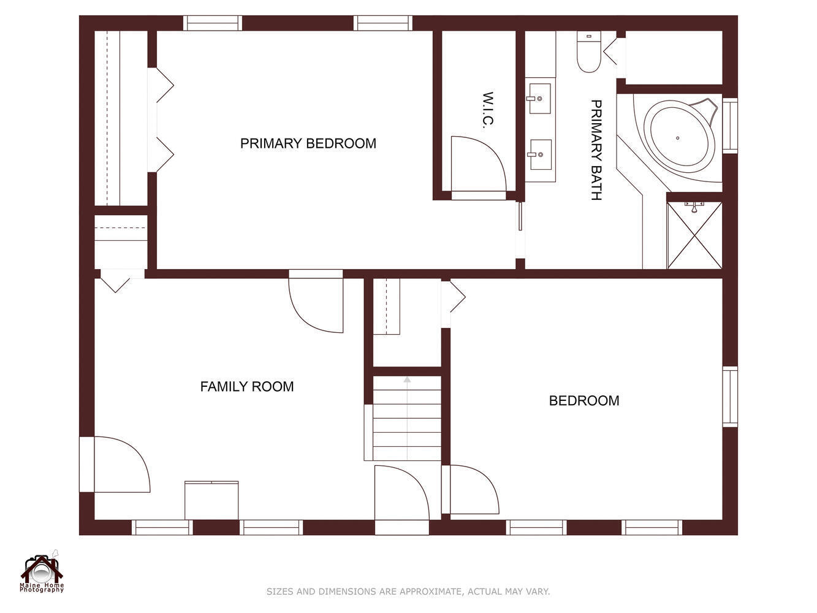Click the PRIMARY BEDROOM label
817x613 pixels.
(x=308, y=143)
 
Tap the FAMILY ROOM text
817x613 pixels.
(x=247, y=386)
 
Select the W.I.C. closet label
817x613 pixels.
(x=488, y=110)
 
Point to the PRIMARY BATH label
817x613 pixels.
(x=596, y=150)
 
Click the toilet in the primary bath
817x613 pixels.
(x=588, y=51)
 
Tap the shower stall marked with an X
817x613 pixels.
(x=694, y=235)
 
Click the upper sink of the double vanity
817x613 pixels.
(x=540, y=99)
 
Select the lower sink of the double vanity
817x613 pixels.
(x=541, y=154)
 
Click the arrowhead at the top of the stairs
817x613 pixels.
(x=407, y=379)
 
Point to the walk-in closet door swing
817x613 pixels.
(x=479, y=164)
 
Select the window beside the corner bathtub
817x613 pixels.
(x=730, y=126)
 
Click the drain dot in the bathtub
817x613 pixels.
(x=677, y=138)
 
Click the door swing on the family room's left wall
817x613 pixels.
(x=122, y=465)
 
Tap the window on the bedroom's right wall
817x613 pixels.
(x=730, y=397)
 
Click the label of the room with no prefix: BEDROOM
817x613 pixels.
(x=584, y=400)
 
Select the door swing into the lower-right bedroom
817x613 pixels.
(x=474, y=490)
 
